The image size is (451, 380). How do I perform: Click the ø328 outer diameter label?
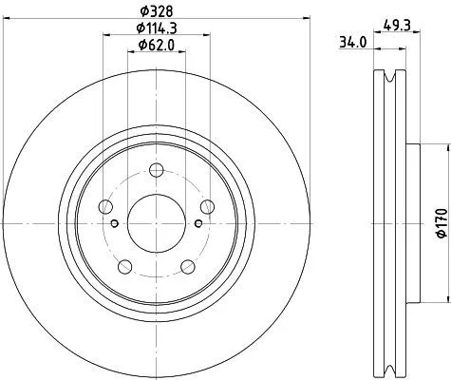(x=155, y=13)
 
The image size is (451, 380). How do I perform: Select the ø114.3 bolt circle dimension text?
(x=155, y=29)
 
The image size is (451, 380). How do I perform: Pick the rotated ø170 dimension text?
(x=440, y=221)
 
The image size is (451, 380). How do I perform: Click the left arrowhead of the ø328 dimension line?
(x=4, y=21)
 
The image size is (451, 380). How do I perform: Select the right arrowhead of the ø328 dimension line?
(x=308, y=21)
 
